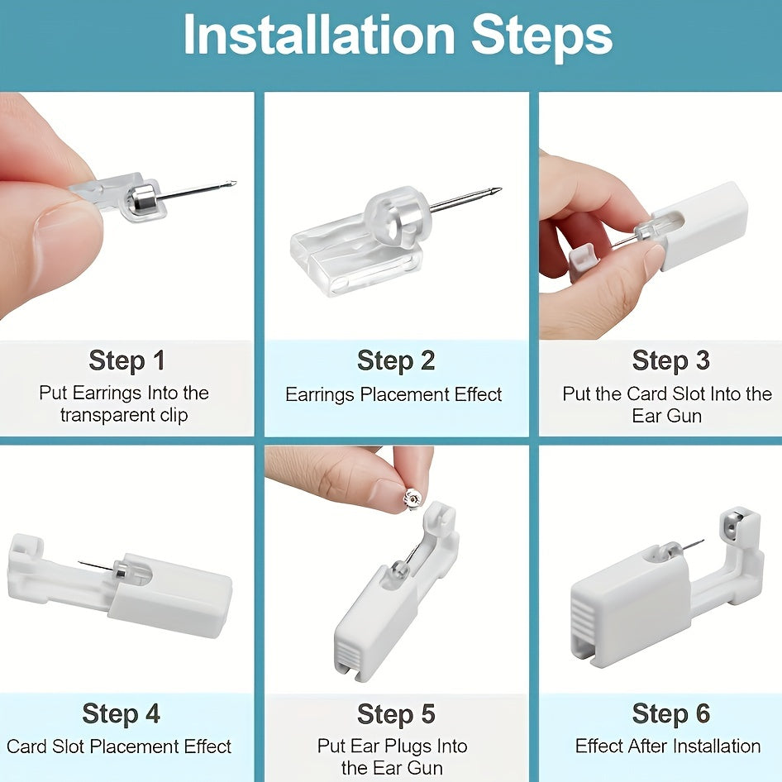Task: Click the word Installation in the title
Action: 319,35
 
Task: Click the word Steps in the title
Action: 541,36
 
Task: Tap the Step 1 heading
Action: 126,360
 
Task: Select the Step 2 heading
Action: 396,360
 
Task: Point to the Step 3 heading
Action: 670,360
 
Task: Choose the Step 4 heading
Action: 122,713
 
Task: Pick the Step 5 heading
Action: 396,713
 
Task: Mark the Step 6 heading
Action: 670,713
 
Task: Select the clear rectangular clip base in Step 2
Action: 355,264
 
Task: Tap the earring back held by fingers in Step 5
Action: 412,499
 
